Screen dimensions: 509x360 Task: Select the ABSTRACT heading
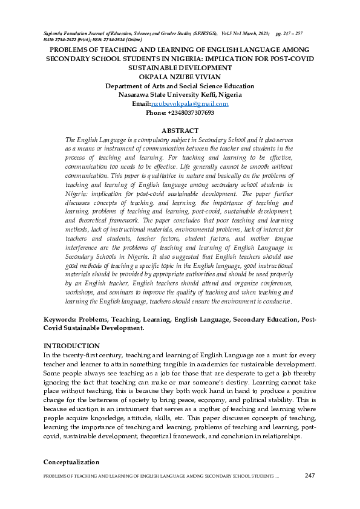click(180, 131)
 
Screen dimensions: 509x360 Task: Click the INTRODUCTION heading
click(71, 345)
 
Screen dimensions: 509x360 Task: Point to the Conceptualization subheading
click(71, 462)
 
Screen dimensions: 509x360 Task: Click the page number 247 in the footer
click(310, 476)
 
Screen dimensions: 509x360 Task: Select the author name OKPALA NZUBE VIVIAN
click(180, 77)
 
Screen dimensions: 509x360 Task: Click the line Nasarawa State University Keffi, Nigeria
click(180, 95)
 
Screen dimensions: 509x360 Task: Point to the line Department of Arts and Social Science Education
click(180, 86)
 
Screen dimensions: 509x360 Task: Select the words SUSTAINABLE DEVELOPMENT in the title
click(180, 68)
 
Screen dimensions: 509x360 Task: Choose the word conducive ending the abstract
click(275, 301)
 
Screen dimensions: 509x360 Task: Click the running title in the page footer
click(161, 477)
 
